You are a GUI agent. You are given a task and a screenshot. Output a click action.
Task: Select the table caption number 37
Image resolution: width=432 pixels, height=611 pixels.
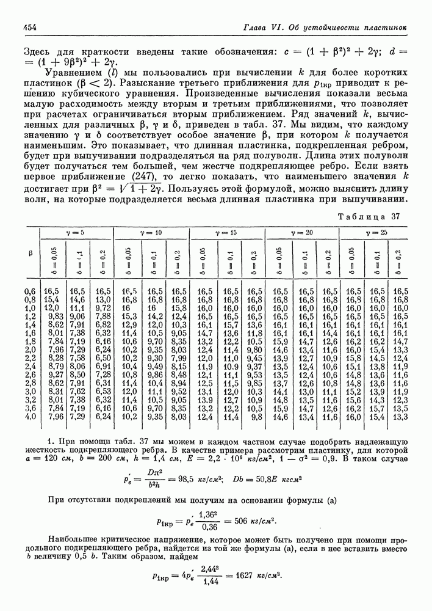pos(395,216)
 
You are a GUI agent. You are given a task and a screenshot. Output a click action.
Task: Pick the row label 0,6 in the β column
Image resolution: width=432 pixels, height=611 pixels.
pos(30,291)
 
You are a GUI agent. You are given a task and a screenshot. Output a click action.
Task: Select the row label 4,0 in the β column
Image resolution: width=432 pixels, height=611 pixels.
pos(30,417)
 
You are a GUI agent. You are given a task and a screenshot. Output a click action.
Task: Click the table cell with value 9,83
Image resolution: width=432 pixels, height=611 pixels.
pos(56,316)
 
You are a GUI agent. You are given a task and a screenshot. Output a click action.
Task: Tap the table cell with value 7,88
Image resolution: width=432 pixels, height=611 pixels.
pos(103,316)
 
